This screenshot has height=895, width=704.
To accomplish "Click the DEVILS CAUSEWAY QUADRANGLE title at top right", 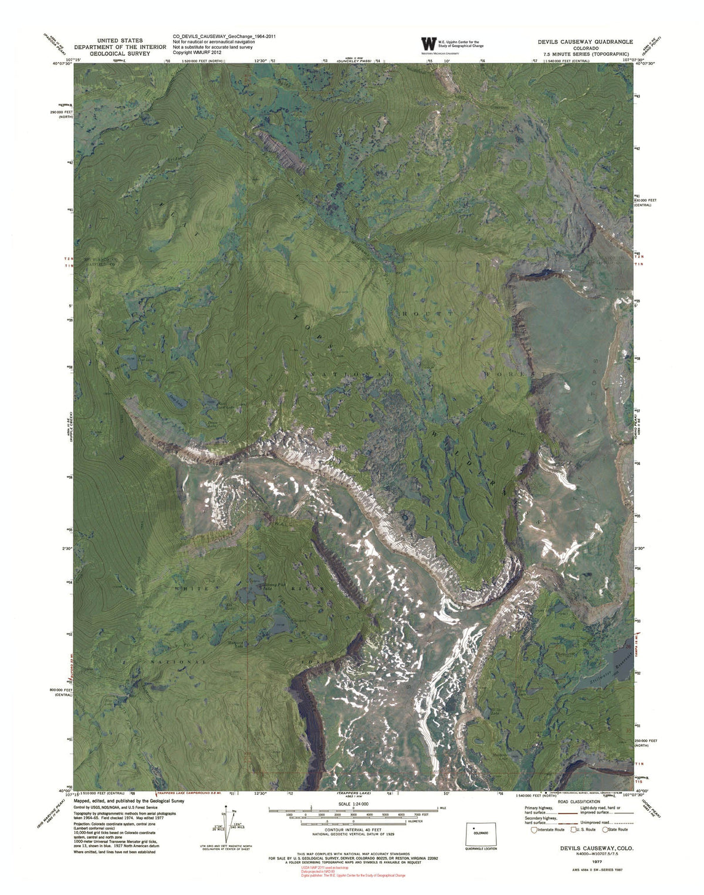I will click(x=585, y=42).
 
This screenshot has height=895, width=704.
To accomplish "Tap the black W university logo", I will click(x=429, y=44).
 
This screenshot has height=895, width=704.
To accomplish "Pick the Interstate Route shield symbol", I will click(x=534, y=829).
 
